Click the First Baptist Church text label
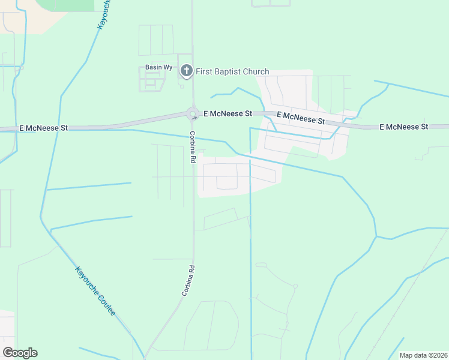coord(232,71)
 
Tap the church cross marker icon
coord(186,71)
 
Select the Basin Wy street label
coord(157,67)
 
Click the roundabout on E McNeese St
coord(193,112)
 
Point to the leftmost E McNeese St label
coord(44,128)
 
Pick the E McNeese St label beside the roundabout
coord(228,113)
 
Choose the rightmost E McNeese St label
coord(404,127)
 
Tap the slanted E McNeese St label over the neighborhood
coord(300,118)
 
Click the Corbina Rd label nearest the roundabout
coord(193,147)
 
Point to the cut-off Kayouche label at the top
coord(103,15)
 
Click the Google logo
coord(20,353)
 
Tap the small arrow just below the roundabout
coord(194,118)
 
